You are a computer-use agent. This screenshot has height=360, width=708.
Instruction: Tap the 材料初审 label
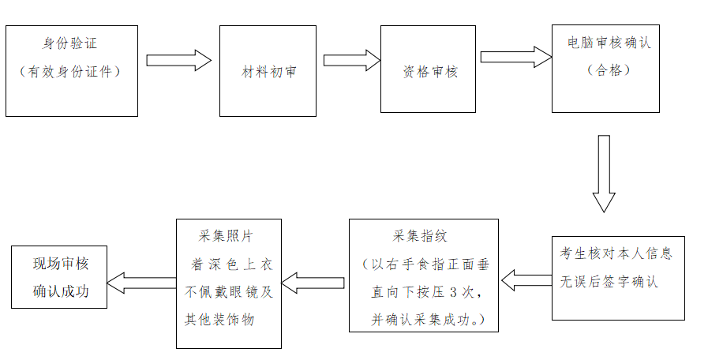pos(268,72)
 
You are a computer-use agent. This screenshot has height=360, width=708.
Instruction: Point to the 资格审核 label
pos(430,72)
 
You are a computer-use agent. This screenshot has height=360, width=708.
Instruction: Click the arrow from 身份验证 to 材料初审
pos(179,61)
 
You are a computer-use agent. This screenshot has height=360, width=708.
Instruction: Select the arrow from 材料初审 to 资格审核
pos(351,61)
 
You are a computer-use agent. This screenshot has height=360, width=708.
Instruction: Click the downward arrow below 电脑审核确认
pos(604,174)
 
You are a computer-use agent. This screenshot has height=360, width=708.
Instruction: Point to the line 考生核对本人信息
pos(616,254)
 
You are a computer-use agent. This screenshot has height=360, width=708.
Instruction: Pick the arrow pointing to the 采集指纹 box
pos(526,279)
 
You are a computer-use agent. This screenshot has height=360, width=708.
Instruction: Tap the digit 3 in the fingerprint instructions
pos(453,291)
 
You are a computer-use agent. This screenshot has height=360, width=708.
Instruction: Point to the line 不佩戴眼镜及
pos(228,291)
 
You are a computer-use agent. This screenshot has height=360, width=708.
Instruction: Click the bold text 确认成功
pos(61,291)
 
